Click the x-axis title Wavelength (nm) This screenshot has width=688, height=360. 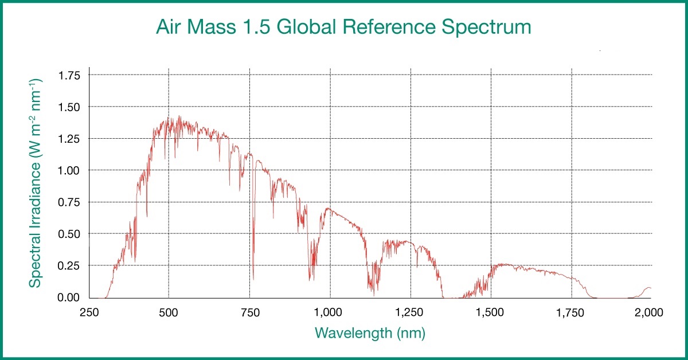pyautogui.click(x=370, y=332)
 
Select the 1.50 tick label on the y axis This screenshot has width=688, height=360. pyautogui.click(x=69, y=107)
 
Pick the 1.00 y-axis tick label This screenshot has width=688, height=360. pyautogui.click(x=69, y=170)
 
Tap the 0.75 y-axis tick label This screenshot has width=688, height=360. pyautogui.click(x=69, y=202)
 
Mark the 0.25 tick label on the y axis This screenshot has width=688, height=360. pyautogui.click(x=69, y=265)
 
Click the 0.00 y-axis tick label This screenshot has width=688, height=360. pyautogui.click(x=69, y=298)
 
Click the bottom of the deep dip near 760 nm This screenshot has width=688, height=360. pyautogui.click(x=253, y=279)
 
